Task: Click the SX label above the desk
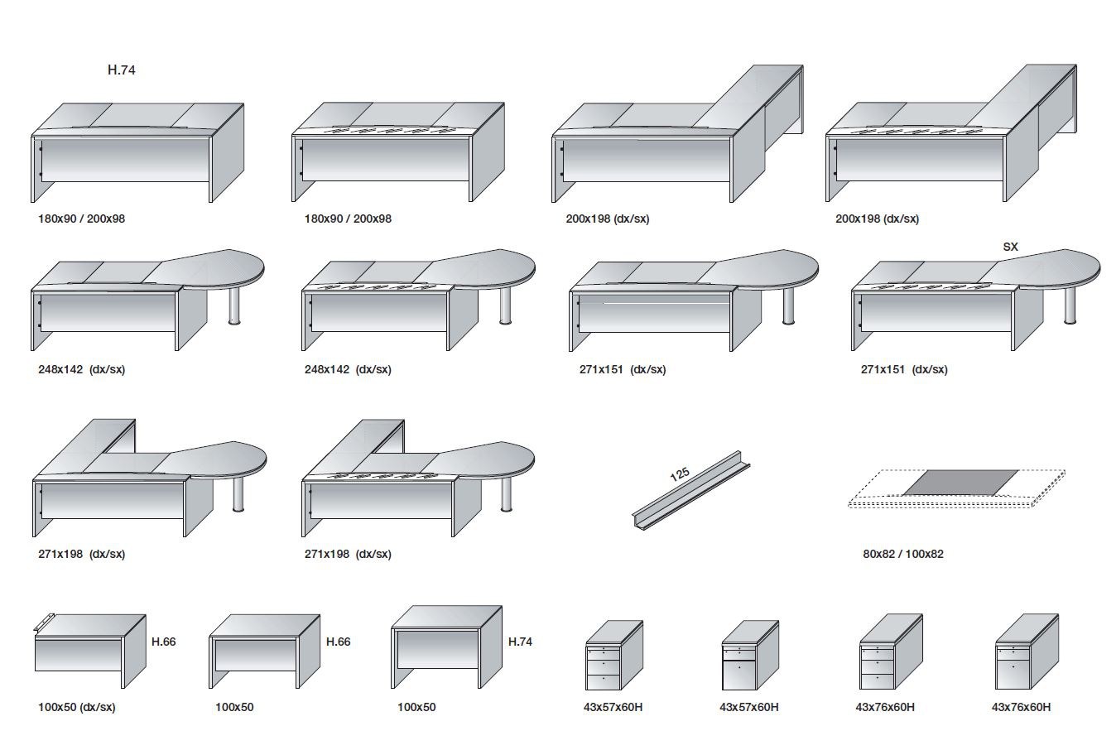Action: pos(1010,247)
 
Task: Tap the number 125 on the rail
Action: pos(679,474)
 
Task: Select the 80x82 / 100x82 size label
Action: pos(902,554)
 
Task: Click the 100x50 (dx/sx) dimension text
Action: pos(76,708)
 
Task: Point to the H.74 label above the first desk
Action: pos(121,70)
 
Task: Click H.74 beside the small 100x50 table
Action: pos(520,642)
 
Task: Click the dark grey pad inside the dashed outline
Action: pos(959,482)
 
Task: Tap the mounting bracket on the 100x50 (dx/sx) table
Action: pos(44,622)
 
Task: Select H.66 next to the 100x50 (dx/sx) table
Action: pos(163,642)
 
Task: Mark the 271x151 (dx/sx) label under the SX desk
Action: pos(904,370)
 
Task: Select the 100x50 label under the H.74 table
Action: pos(416,708)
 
